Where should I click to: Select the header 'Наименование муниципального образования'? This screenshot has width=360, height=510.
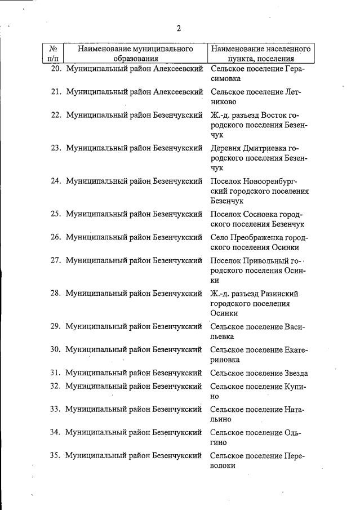(x=135, y=53)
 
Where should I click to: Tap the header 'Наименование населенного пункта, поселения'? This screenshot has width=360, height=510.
(x=261, y=53)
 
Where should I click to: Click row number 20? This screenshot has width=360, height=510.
(x=55, y=69)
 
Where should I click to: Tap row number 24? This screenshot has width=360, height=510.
(x=55, y=181)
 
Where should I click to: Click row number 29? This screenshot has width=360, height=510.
(x=55, y=326)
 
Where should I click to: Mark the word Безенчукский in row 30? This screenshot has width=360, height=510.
(x=177, y=349)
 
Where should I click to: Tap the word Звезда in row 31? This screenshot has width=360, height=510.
(x=296, y=373)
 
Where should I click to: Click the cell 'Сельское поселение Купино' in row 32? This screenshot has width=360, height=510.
(x=259, y=391)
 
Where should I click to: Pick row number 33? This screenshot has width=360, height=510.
(x=55, y=409)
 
